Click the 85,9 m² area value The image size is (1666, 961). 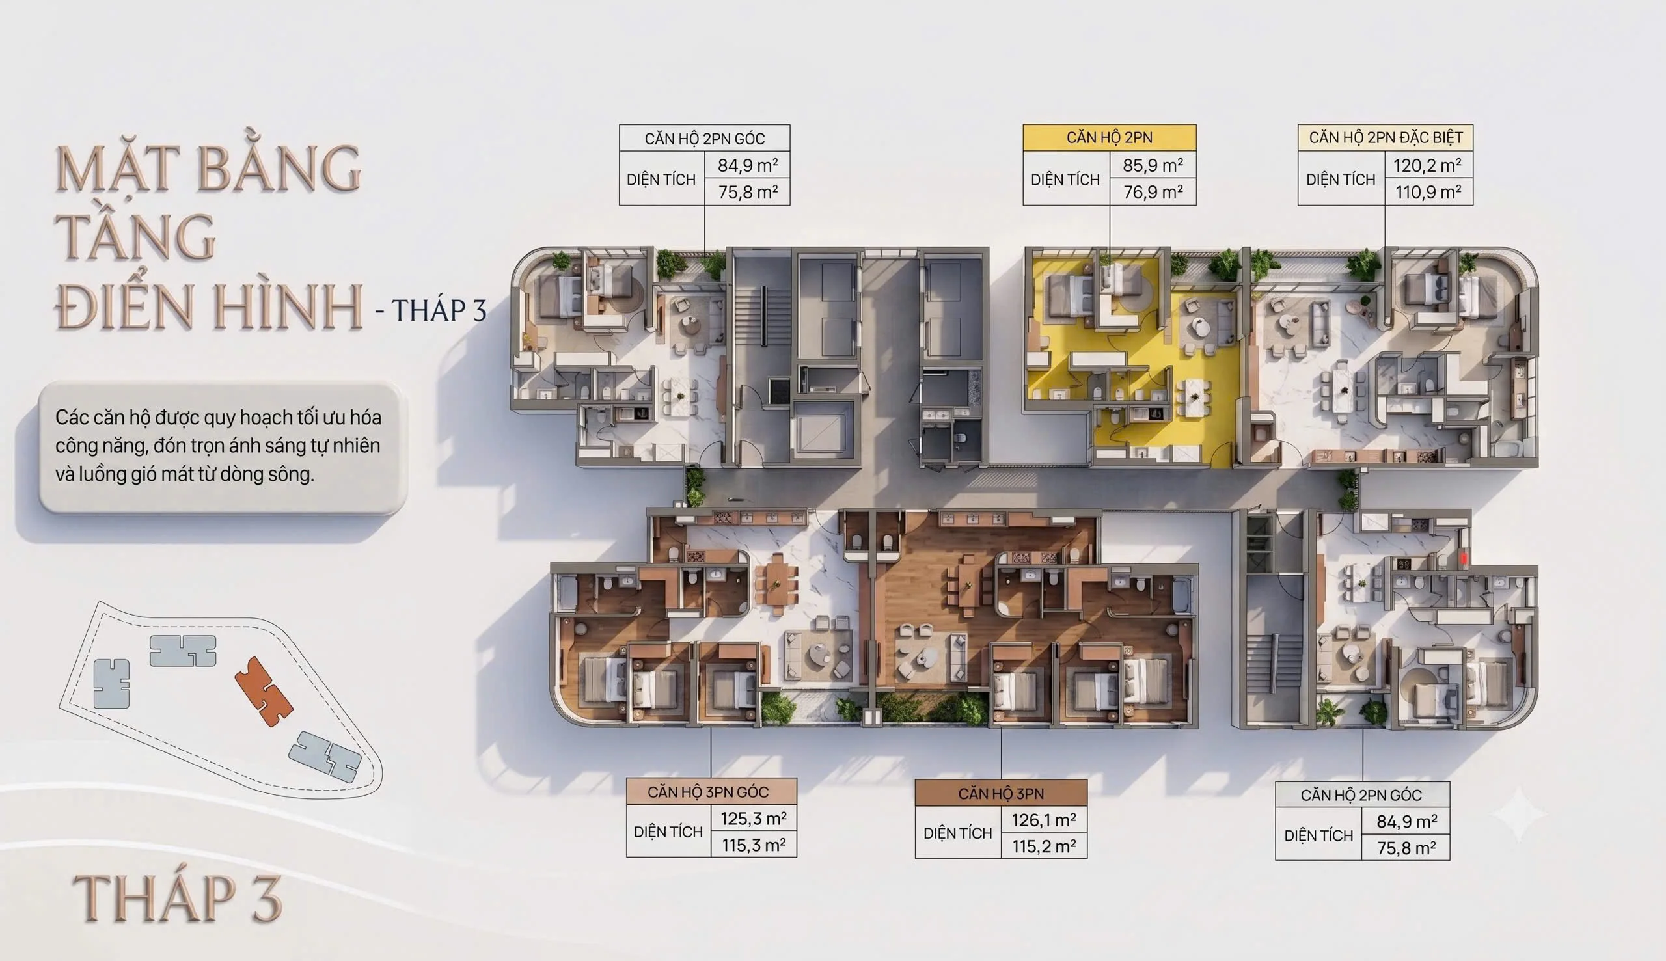coord(1153,165)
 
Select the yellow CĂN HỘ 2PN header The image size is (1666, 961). coord(1110,137)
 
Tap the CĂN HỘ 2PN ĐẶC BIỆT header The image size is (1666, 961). coord(1386,137)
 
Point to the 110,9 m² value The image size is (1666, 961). coord(1428,192)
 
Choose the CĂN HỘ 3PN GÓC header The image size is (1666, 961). coord(711,792)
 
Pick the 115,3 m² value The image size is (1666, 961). coord(754,845)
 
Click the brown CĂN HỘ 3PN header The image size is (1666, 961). coord(1002,793)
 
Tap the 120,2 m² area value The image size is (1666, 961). coord(1427,165)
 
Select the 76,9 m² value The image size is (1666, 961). coord(1153,192)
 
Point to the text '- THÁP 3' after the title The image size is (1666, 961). coord(431,310)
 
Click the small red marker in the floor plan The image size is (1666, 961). coord(1464,558)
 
